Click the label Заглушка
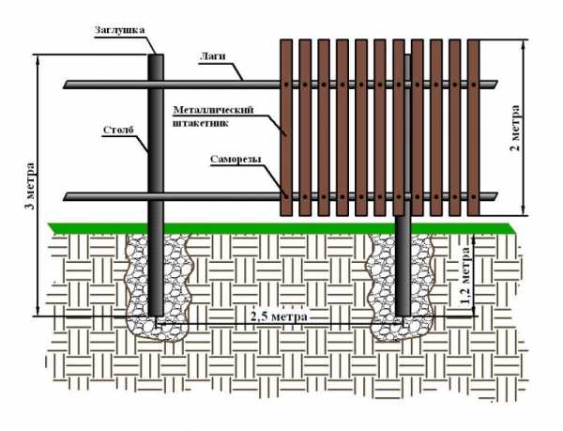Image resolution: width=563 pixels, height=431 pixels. [x=119, y=29]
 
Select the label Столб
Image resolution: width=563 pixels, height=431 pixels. [x=119, y=131]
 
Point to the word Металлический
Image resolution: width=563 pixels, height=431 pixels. [x=208, y=110]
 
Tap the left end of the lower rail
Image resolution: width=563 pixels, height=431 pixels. [x=68, y=196]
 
